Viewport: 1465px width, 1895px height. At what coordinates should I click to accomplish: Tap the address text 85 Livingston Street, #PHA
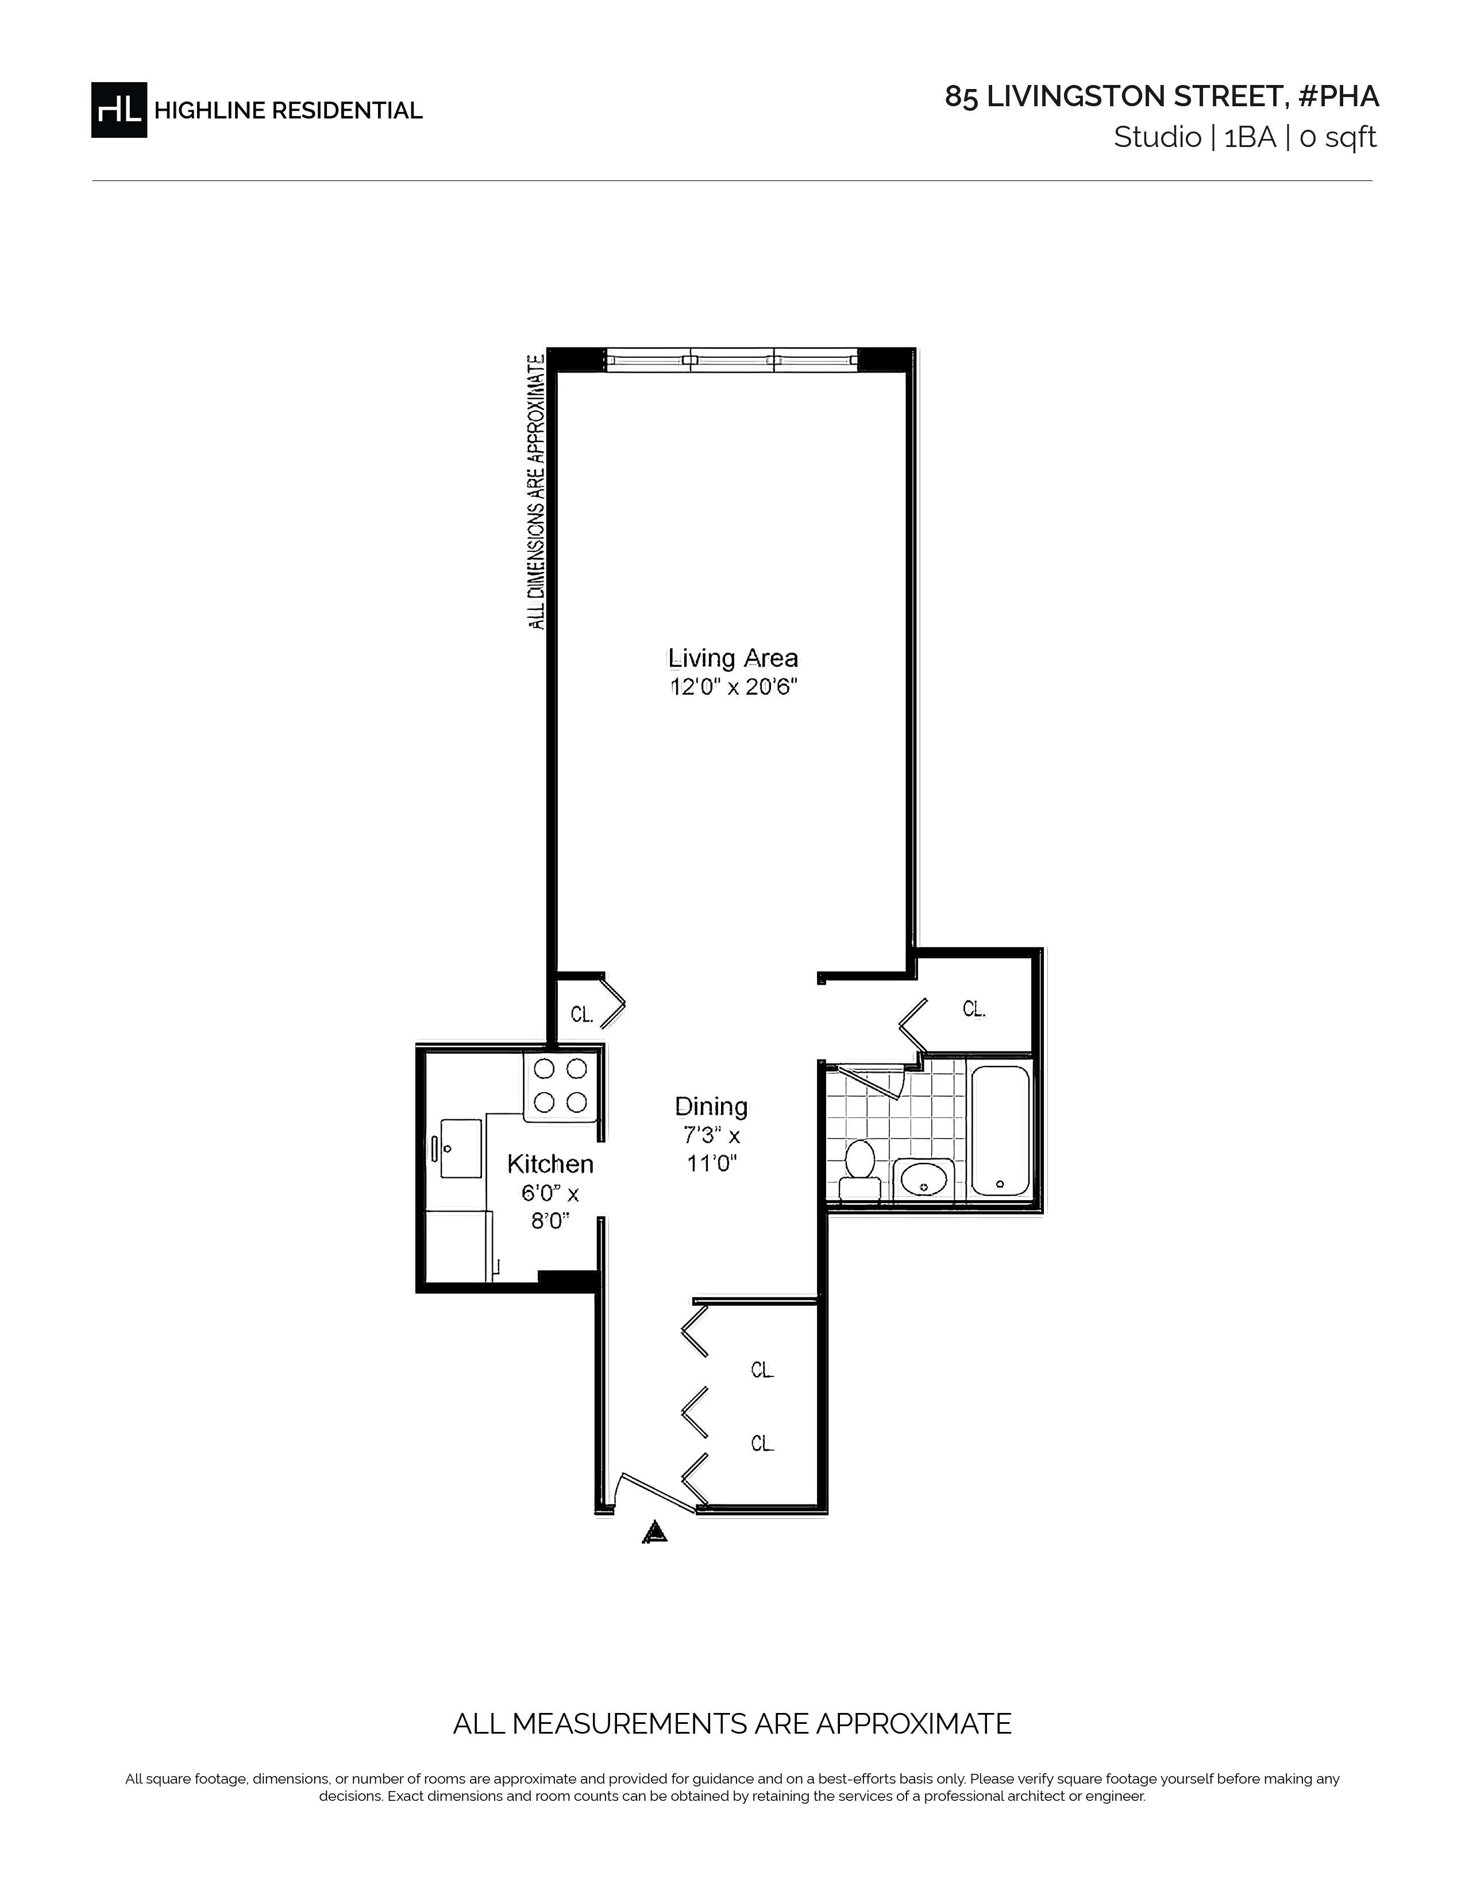point(1161,96)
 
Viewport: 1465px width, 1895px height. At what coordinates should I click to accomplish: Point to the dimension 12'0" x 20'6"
point(732,687)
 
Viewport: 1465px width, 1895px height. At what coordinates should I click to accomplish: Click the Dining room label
point(711,1107)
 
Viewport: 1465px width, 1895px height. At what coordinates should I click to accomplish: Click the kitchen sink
point(460,1148)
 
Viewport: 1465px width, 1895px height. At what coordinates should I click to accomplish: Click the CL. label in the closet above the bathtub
point(974,1008)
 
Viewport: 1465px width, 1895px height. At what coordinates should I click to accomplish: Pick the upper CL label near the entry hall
point(762,1370)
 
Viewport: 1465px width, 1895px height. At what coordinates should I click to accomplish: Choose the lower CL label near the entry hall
point(762,1443)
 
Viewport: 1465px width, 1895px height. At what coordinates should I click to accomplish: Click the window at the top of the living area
point(731,360)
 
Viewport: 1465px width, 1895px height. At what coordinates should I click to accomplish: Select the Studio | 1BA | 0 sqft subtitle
point(1246,138)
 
